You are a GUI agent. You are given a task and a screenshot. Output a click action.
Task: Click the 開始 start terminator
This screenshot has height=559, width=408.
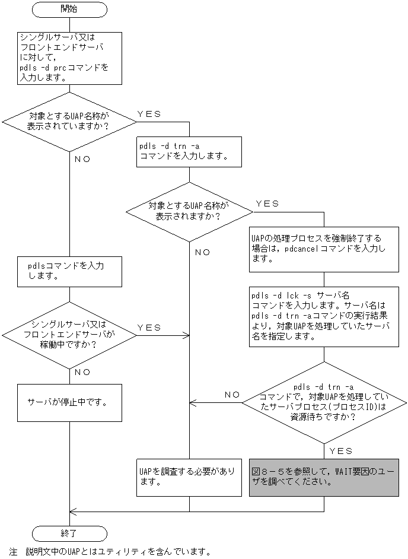(x=69, y=9)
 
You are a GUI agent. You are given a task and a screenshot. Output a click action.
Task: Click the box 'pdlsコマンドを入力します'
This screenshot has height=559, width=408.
(x=69, y=271)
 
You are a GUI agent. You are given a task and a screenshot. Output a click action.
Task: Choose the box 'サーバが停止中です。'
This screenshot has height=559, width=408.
(x=69, y=402)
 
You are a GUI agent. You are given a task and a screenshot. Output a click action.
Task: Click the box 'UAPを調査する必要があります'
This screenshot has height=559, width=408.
(x=189, y=477)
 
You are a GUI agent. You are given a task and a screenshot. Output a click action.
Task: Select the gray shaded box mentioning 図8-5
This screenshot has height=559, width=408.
(x=324, y=477)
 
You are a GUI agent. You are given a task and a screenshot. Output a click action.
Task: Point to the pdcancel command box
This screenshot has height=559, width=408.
(x=324, y=249)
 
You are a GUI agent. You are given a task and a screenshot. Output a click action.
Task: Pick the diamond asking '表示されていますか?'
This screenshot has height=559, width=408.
(x=69, y=123)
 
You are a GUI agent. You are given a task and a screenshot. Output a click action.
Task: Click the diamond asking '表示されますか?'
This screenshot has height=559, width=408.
(x=189, y=211)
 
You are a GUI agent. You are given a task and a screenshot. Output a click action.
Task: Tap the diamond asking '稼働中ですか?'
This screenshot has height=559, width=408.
(x=69, y=335)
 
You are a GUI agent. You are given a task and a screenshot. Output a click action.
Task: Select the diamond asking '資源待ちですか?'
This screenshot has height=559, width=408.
(x=324, y=402)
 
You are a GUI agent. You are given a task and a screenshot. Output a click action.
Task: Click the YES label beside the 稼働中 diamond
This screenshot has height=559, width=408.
(x=149, y=327)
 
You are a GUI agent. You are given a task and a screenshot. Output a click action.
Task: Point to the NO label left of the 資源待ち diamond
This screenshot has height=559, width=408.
(x=232, y=394)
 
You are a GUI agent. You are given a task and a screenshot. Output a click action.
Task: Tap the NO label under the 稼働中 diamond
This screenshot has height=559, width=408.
(x=82, y=372)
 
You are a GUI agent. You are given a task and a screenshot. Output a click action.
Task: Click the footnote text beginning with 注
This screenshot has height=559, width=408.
(x=110, y=552)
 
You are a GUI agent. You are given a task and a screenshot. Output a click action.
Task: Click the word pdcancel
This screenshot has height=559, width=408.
(x=304, y=250)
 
